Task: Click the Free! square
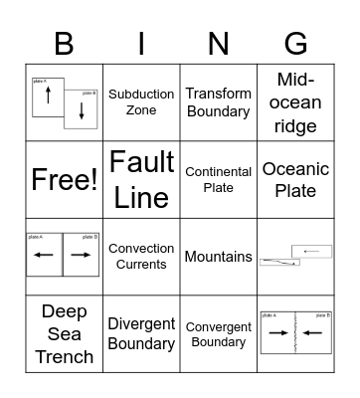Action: (x=64, y=180)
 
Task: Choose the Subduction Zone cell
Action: (x=141, y=102)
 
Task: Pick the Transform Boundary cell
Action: (x=218, y=102)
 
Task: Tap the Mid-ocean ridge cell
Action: (x=295, y=102)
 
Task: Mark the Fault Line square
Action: (x=141, y=180)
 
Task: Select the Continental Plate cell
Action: (x=218, y=180)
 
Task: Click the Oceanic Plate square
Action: (x=295, y=180)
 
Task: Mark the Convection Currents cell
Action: (x=141, y=257)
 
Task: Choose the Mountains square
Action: (x=218, y=257)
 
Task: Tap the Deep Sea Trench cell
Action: (x=64, y=333)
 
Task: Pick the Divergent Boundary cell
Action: (x=141, y=333)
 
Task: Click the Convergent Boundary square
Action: (x=218, y=333)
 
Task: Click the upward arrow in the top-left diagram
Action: (x=48, y=98)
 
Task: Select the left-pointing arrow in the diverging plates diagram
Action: (x=46, y=256)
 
